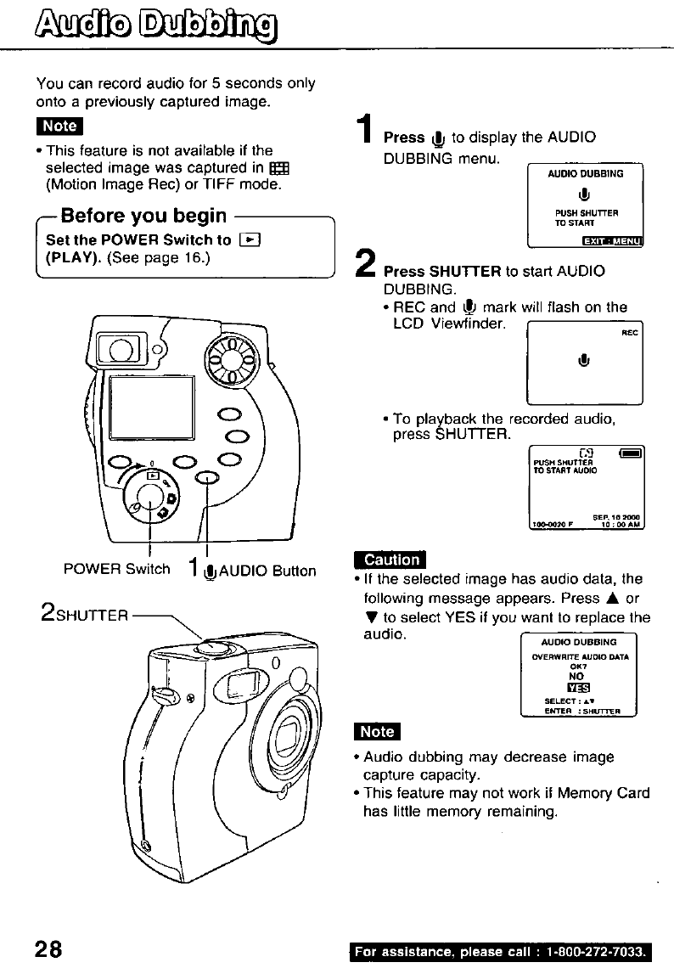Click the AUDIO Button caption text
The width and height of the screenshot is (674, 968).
tap(267, 571)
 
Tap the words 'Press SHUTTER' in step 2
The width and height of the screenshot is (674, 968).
tap(442, 272)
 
